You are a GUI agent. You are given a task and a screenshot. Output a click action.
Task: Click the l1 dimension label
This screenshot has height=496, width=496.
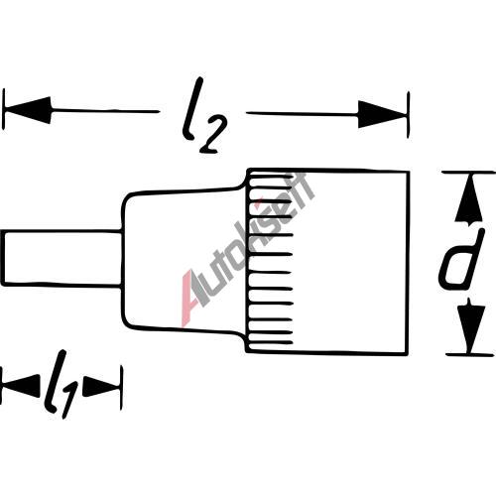(x=61, y=385)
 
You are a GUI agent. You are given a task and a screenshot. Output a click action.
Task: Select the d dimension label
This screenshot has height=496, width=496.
(x=462, y=260)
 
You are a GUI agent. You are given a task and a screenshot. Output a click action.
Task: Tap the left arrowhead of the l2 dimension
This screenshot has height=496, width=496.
(x=27, y=110)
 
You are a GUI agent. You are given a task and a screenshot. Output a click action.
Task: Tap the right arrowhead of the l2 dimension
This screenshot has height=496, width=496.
(x=382, y=115)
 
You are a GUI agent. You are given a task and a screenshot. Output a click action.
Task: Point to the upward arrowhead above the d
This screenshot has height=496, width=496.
(x=469, y=200)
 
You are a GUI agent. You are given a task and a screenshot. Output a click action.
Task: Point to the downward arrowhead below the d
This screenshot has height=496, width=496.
(x=471, y=325)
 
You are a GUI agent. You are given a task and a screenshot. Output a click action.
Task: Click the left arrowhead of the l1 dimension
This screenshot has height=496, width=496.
(x=21, y=386)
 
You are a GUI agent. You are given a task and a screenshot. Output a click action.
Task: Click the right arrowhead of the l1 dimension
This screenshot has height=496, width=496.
(x=102, y=386)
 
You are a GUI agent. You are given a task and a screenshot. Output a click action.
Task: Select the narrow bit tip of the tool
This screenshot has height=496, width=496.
(x=62, y=258)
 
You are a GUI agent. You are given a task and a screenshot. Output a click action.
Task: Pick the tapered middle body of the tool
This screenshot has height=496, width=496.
(x=184, y=260)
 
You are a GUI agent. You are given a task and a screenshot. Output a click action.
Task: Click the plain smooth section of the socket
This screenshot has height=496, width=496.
(x=350, y=261)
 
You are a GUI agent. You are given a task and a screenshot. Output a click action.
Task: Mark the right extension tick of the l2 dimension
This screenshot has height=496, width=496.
(x=409, y=115)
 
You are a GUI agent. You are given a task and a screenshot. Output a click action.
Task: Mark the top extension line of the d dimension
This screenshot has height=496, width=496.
(x=469, y=173)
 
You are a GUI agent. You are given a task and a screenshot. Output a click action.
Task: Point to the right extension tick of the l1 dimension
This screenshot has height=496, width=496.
(x=122, y=388)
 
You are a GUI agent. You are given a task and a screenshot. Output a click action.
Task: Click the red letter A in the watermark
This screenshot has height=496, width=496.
(x=191, y=298)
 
